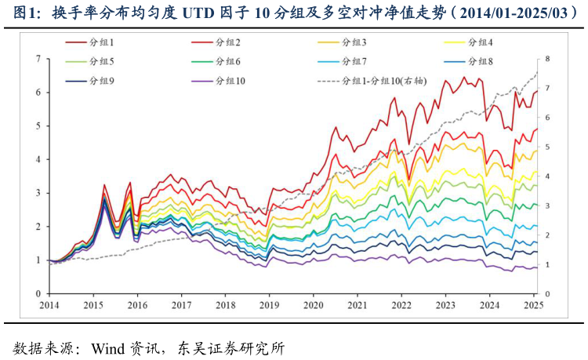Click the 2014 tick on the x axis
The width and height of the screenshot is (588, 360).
(x=49, y=305)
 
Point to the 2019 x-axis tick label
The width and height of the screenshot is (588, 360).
(x=269, y=305)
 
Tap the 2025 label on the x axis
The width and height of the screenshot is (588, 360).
(x=533, y=305)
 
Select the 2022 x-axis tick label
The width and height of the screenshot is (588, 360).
(x=401, y=305)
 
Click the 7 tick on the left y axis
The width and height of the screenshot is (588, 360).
(x=38, y=59)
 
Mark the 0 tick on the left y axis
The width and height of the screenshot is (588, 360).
(x=38, y=293)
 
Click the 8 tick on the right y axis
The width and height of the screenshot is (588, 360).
(x=548, y=59)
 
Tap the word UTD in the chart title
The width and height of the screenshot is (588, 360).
(x=203, y=13)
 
